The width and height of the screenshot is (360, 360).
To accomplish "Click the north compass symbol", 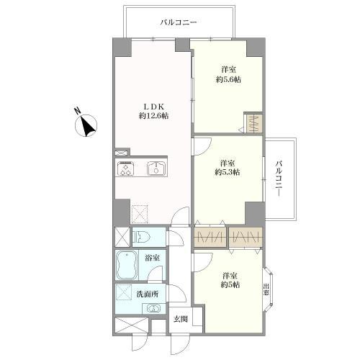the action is click(86, 123).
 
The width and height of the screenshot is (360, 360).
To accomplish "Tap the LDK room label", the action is click(153, 107).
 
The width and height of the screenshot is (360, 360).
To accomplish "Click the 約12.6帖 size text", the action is click(153, 116).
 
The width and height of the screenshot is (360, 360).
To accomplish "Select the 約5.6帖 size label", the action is click(228, 79).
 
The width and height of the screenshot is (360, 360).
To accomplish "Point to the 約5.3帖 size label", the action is click(228, 172).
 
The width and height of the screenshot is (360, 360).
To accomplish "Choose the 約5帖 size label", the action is click(230, 285).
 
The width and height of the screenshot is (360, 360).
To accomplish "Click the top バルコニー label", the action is click(179, 23).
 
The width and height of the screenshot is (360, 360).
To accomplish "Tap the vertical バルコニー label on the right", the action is click(279, 179).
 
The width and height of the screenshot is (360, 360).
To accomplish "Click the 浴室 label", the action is click(153, 258).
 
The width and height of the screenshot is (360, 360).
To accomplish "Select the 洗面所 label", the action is click(148, 294).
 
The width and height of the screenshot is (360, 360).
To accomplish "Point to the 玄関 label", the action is click(181, 320).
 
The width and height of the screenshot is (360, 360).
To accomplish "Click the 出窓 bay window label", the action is click(266, 289).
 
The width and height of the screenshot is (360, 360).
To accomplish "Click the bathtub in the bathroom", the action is click(127, 265).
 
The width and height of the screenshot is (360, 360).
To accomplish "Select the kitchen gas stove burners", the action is click(124, 168).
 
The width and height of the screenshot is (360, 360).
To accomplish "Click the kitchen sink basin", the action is click(156, 168).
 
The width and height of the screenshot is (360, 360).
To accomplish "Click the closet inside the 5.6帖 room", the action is click(253, 122).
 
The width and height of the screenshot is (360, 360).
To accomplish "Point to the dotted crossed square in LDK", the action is click(140, 214).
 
